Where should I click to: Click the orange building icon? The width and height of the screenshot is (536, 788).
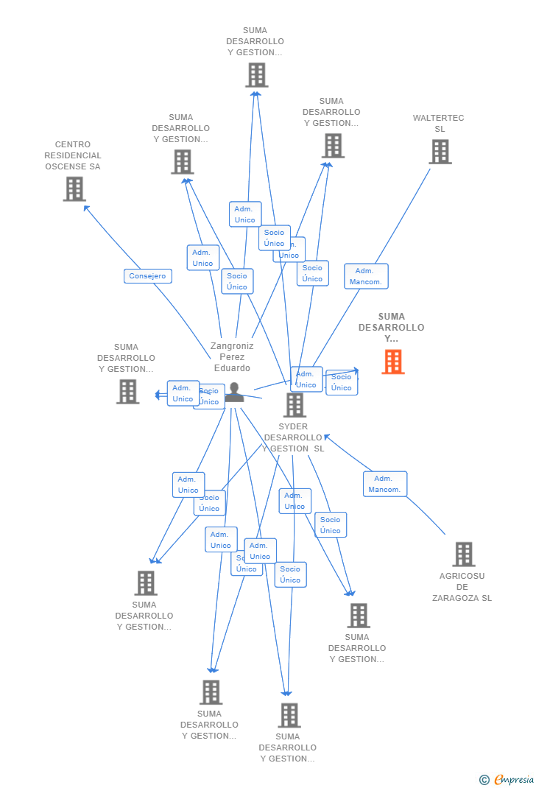coord(393,362)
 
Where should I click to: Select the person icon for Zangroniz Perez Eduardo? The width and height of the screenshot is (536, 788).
coord(234,393)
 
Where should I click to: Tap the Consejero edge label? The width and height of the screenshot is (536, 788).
coord(148,276)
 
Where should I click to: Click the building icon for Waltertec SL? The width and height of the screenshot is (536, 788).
coord(440,152)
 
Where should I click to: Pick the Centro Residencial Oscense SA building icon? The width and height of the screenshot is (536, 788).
coord(74,189)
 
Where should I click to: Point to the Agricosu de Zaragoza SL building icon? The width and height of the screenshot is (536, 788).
coord(463,555)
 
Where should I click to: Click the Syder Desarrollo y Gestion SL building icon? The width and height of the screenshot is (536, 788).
coord(295,404)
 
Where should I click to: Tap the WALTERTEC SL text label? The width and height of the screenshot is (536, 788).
coord(439,123)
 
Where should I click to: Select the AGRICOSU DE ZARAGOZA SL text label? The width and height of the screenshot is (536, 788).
coord(462,587)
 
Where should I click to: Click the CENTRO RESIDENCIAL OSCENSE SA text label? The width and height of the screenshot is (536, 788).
coord(73,155)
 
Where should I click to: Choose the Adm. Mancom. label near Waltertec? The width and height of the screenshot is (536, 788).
coord(366,276)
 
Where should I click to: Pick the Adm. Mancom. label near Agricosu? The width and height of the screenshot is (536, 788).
coord(384,484)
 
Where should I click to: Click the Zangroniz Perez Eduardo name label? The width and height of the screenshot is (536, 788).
coord(232,356)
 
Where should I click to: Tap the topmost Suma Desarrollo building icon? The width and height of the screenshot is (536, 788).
coord(256,75)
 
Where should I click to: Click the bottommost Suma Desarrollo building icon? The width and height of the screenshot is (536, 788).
coord(289,715)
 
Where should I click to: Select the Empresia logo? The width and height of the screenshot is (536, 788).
coord(514,779)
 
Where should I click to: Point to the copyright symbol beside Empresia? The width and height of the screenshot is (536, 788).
coord(484,780)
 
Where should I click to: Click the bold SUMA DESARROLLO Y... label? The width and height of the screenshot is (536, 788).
coord(392,328)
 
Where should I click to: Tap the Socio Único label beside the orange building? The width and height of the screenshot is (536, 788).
coord(342,382)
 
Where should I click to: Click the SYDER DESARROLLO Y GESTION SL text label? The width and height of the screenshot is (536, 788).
coord(293,437)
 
